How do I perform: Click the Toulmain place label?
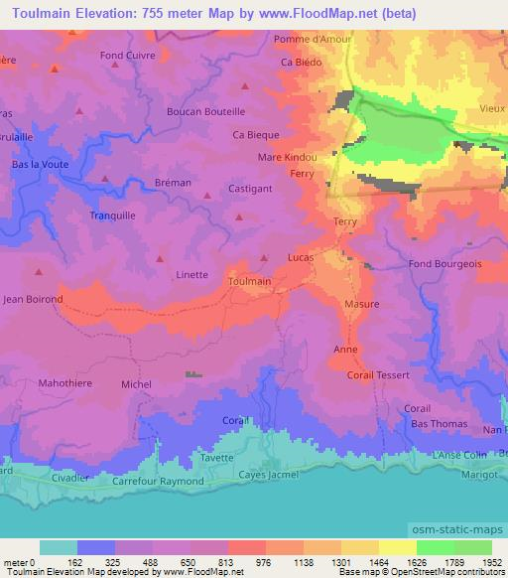[x=249, y=282]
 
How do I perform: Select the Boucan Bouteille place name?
[x=205, y=112]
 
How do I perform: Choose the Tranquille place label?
[x=112, y=215]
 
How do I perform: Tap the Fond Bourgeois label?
[x=444, y=264]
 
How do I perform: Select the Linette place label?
[x=191, y=275]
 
